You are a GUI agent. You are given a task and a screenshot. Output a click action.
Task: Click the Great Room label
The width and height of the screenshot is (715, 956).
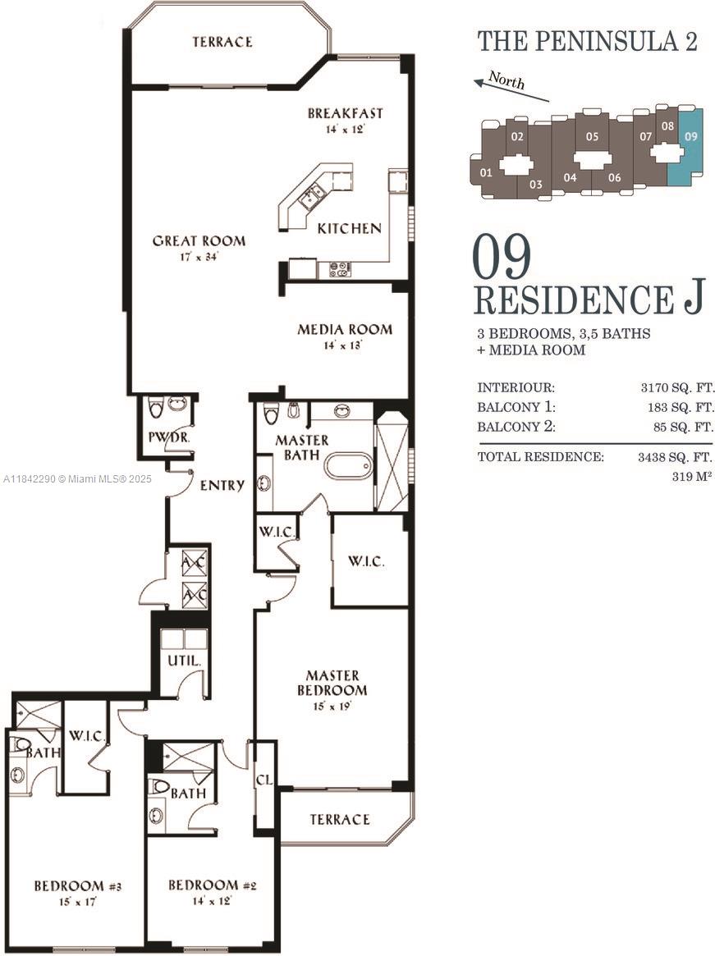[199, 241]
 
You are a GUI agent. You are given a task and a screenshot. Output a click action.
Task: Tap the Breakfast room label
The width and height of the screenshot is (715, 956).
[345, 114]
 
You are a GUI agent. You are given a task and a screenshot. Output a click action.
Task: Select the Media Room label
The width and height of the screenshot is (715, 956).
[345, 330]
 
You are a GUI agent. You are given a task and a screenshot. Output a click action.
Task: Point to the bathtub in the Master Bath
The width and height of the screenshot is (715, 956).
[348, 466]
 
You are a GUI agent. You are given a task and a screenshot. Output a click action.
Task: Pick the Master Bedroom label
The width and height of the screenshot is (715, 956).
[332, 683]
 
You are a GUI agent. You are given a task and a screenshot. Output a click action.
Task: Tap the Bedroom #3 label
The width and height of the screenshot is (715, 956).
[78, 886]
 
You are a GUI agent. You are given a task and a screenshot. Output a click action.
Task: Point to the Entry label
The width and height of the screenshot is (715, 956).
[222, 486]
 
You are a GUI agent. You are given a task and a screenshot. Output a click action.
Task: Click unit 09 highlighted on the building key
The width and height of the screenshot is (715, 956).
[690, 137]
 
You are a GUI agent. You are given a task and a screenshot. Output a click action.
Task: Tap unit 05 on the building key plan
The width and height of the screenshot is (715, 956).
[592, 137]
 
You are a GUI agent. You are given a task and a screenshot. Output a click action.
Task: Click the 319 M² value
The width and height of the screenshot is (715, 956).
[691, 475]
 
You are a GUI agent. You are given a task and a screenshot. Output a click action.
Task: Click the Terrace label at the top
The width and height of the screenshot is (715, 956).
[222, 42]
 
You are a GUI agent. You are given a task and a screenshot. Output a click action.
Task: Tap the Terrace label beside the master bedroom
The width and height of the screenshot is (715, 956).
[339, 820]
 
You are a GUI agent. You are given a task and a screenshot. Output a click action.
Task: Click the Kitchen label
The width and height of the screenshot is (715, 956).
[349, 228]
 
